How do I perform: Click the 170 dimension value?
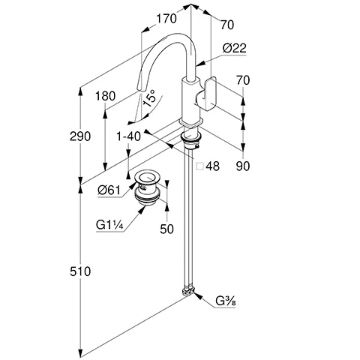166,19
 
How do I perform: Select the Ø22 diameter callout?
235,48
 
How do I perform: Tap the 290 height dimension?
80,136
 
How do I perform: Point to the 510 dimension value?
80,271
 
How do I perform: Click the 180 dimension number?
105,96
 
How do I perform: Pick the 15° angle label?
150,98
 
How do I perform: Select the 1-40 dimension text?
129,136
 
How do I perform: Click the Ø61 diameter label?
109,190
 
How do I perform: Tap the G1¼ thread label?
109,225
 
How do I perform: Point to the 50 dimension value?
166,229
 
